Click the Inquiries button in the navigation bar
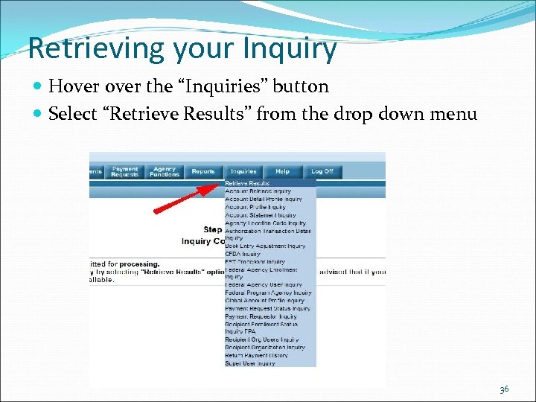[243, 171]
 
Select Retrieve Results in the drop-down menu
[248, 182]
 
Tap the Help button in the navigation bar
[282, 171]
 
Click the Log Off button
[322, 171]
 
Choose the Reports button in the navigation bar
[203, 171]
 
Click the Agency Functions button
[165, 172]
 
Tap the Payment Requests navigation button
[125, 172]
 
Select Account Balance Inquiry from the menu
[258, 191]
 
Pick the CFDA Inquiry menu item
[243, 254]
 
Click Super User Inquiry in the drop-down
[250, 363]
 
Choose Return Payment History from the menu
[255, 355]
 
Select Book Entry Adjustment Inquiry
[265, 246]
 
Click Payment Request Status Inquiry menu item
[268, 308]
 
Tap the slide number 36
[504, 389]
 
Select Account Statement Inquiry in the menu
[261, 215]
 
